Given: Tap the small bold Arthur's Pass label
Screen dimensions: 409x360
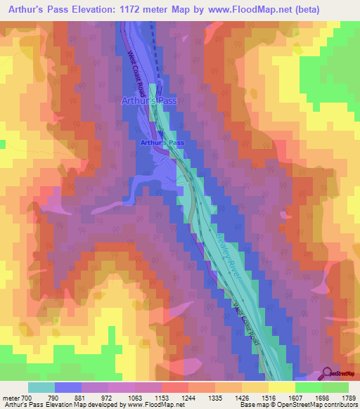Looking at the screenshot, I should [x=162, y=143].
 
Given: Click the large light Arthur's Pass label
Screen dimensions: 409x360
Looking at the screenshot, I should [x=149, y=101].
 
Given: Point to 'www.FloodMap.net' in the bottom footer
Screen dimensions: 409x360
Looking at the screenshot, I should [x=154, y=405].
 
